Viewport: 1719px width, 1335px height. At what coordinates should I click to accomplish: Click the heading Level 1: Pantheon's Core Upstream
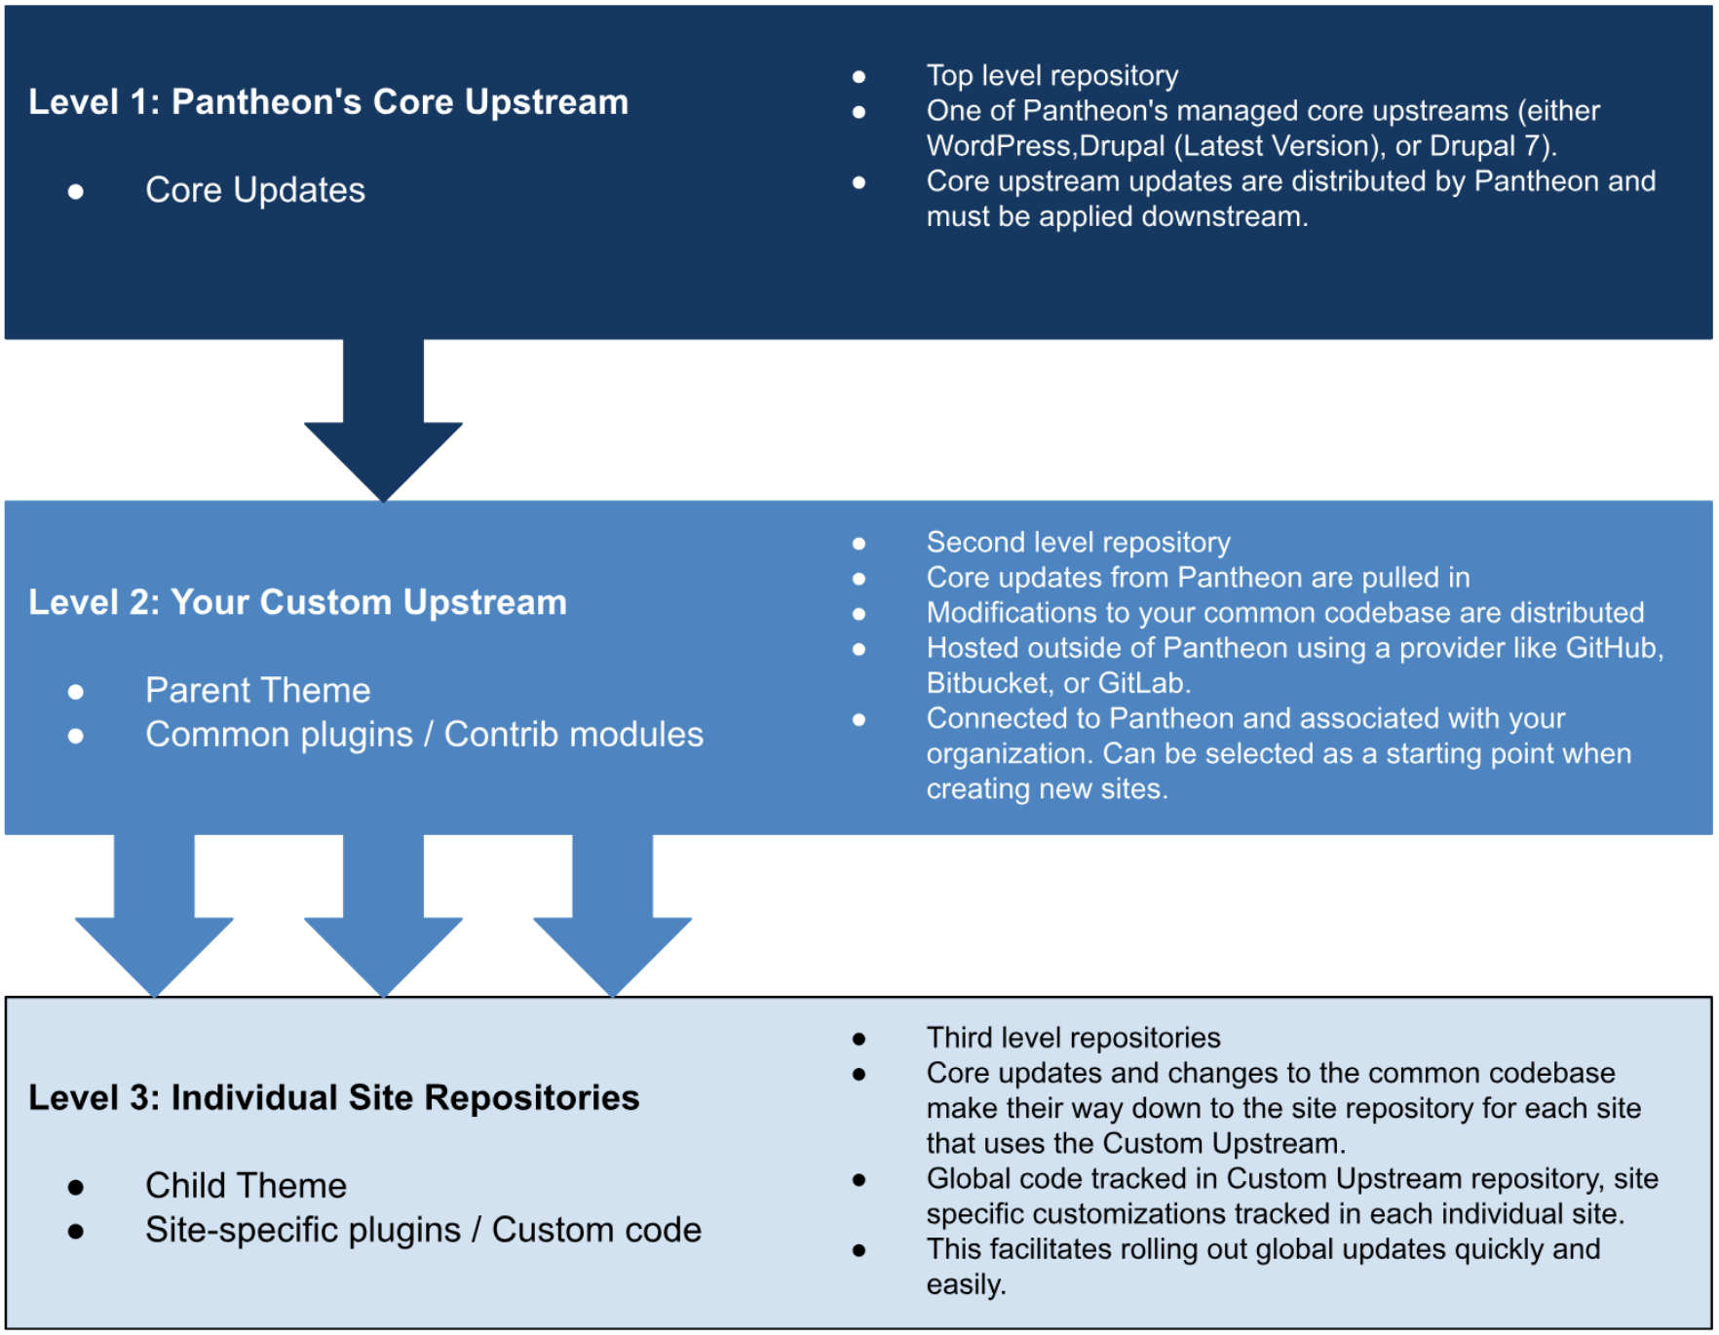click(328, 102)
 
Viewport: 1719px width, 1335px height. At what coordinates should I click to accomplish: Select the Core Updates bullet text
click(255, 190)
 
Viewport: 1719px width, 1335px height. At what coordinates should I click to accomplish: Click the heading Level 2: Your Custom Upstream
click(297, 602)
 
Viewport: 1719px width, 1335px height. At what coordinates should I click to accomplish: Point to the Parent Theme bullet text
click(258, 691)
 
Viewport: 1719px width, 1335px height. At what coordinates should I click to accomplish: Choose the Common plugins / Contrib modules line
click(424, 735)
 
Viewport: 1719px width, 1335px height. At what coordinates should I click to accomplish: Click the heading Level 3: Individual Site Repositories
click(333, 1098)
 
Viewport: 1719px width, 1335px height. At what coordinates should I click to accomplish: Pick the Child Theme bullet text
click(247, 1186)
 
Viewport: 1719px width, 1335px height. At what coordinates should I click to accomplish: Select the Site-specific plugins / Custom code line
click(423, 1231)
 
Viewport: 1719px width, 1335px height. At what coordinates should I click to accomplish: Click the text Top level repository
click(1051, 76)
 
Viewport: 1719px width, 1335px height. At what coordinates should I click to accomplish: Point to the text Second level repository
click(1078, 543)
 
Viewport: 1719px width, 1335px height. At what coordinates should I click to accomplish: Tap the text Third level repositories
click(1073, 1038)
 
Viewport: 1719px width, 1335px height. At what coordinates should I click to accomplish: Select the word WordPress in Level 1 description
click(999, 146)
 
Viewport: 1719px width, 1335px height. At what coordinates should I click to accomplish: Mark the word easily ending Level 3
click(965, 1285)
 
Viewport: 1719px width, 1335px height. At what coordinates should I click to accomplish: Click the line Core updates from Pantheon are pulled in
click(1198, 578)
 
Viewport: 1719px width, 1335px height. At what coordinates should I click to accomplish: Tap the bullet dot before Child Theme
click(76, 1187)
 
